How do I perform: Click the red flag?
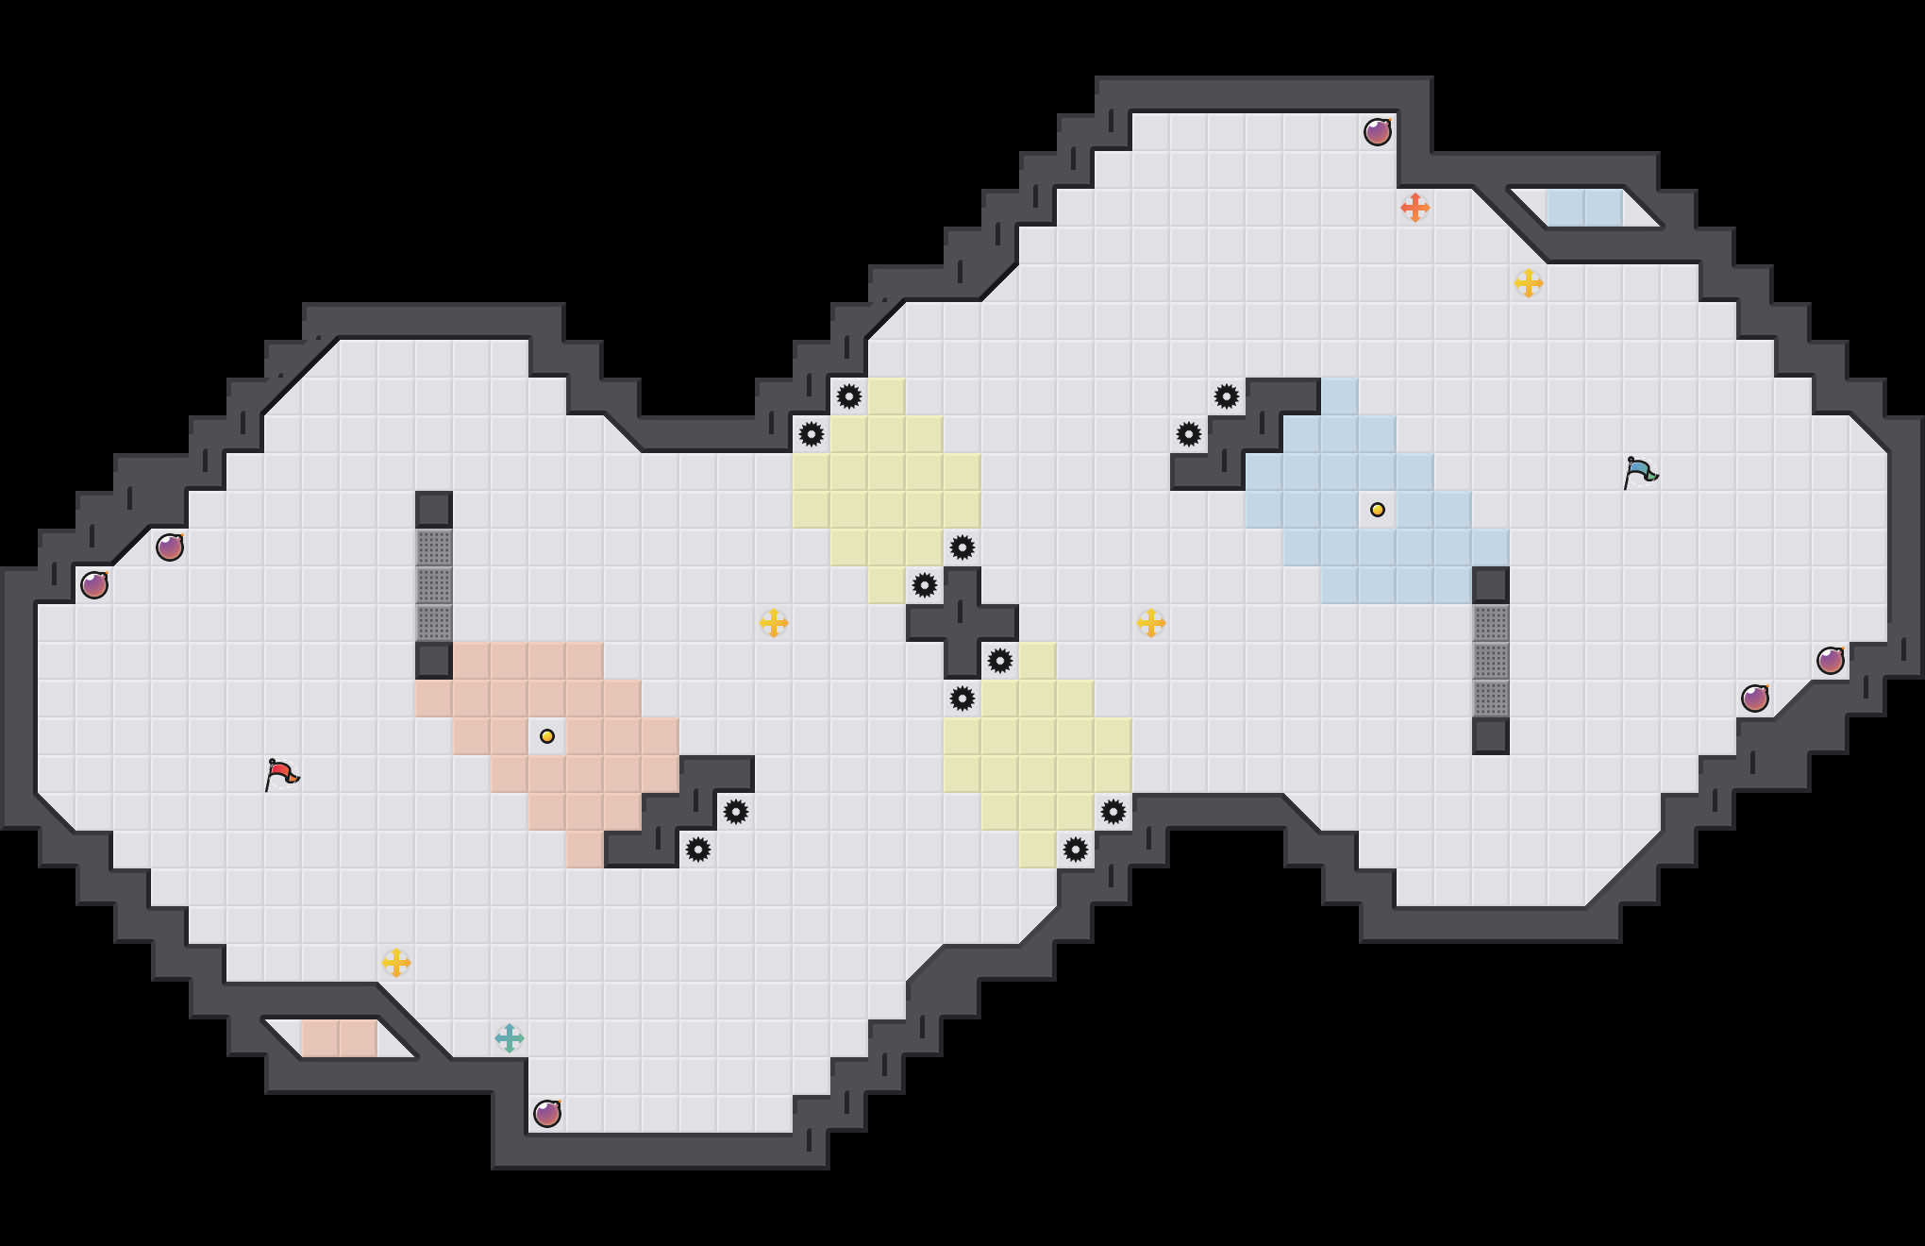(x=281, y=774)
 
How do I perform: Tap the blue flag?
(x=1640, y=472)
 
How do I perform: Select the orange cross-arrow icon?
(x=1414, y=208)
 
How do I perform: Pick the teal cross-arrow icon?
(x=510, y=1038)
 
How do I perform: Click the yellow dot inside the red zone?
(x=547, y=736)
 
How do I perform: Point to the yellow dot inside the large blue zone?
(x=1378, y=510)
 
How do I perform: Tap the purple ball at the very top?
(x=1378, y=132)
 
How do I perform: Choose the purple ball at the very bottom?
(x=547, y=1114)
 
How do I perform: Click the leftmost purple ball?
(x=94, y=585)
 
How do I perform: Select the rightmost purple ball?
(x=1831, y=661)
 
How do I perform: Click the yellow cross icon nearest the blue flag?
(x=1529, y=283)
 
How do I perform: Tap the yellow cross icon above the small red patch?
(x=396, y=963)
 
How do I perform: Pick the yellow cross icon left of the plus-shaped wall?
(x=774, y=623)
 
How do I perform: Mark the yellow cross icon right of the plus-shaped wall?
(x=1151, y=623)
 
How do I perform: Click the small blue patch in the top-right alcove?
(x=1585, y=208)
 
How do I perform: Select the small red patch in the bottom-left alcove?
(x=340, y=1038)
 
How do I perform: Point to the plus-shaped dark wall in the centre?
(x=962, y=623)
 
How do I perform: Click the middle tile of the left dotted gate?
(x=434, y=585)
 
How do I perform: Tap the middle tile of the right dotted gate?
(x=1491, y=661)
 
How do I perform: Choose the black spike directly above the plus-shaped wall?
(x=962, y=547)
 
